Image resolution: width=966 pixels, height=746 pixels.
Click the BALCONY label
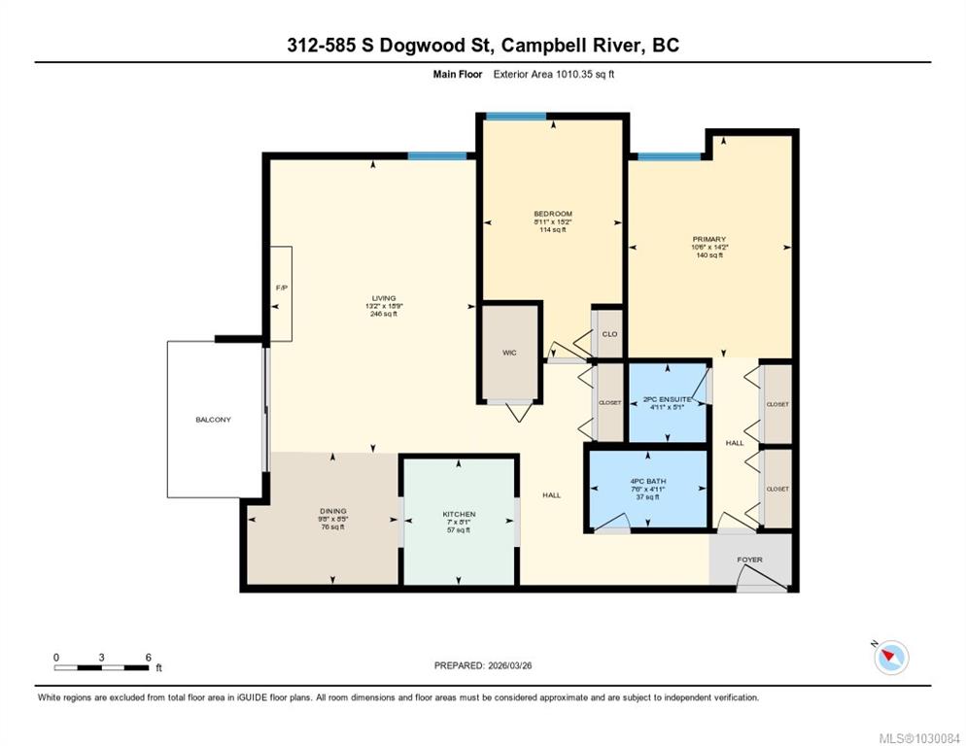coord(213,420)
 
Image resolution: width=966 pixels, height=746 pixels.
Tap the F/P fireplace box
coord(281,294)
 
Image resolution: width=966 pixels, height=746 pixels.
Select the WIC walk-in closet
coord(509,353)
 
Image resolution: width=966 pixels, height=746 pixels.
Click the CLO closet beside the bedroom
coord(609,334)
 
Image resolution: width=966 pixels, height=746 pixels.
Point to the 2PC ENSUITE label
coord(668,399)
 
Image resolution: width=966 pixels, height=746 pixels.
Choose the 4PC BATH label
coord(648,481)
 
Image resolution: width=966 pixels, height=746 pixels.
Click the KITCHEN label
coord(459,514)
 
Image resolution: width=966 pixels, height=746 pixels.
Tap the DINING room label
coord(333,511)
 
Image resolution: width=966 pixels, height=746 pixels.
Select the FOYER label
coord(749,559)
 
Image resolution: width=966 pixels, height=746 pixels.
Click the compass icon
coord(891,658)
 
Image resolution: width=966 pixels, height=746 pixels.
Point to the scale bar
coord(102,667)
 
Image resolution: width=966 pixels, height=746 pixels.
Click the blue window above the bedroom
coord(516,116)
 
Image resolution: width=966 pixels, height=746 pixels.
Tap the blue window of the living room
coord(437,155)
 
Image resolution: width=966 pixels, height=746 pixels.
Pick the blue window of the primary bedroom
coord(669,156)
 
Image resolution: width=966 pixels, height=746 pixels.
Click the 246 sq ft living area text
coord(384,314)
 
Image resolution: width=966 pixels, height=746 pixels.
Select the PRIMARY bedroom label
coord(709,239)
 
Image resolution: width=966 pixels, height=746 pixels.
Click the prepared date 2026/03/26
coord(509,665)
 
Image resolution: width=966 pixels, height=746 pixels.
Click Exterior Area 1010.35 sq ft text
coord(554,75)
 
